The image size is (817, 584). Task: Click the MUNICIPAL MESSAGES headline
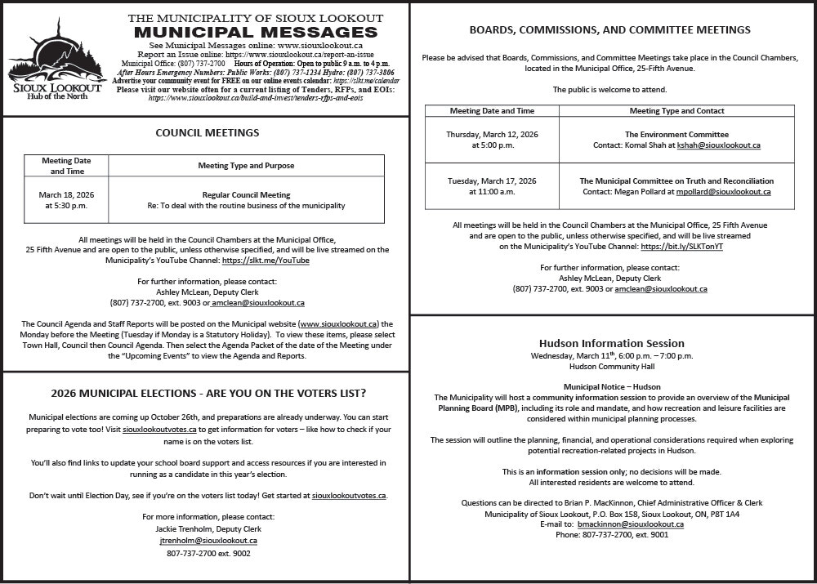click(x=256, y=32)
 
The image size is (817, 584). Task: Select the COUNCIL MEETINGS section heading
click(x=208, y=132)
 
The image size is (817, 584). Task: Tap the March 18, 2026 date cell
click(x=66, y=200)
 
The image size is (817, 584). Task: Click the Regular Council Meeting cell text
click(x=246, y=195)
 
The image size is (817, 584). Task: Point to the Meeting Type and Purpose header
click(x=246, y=166)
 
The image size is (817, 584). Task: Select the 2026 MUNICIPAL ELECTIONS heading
click(x=208, y=393)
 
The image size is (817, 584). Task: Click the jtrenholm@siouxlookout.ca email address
click(x=208, y=540)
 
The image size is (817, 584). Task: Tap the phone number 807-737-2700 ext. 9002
click(x=208, y=553)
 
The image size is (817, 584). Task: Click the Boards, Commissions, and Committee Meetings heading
click(x=609, y=30)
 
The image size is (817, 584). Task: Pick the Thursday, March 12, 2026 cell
click(x=491, y=140)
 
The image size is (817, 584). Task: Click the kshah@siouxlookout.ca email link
click(x=718, y=145)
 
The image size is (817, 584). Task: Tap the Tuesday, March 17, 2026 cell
click(x=491, y=186)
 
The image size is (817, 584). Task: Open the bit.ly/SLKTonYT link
click(x=681, y=246)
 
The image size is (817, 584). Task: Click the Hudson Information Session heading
click(x=611, y=343)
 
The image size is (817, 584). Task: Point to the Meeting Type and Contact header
click(x=676, y=110)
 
